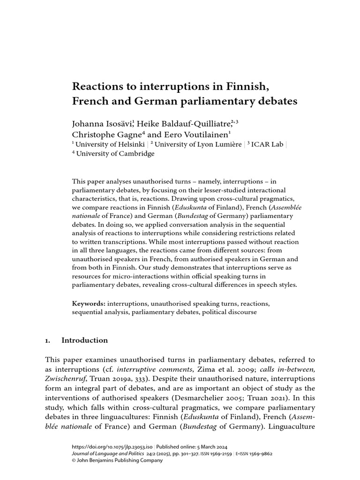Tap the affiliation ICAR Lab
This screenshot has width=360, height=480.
[267, 144]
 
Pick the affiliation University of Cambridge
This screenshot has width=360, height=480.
[115, 154]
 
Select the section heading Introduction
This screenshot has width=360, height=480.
[84, 340]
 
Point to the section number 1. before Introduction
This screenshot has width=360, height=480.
[48, 340]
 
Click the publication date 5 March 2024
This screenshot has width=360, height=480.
[208, 447]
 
